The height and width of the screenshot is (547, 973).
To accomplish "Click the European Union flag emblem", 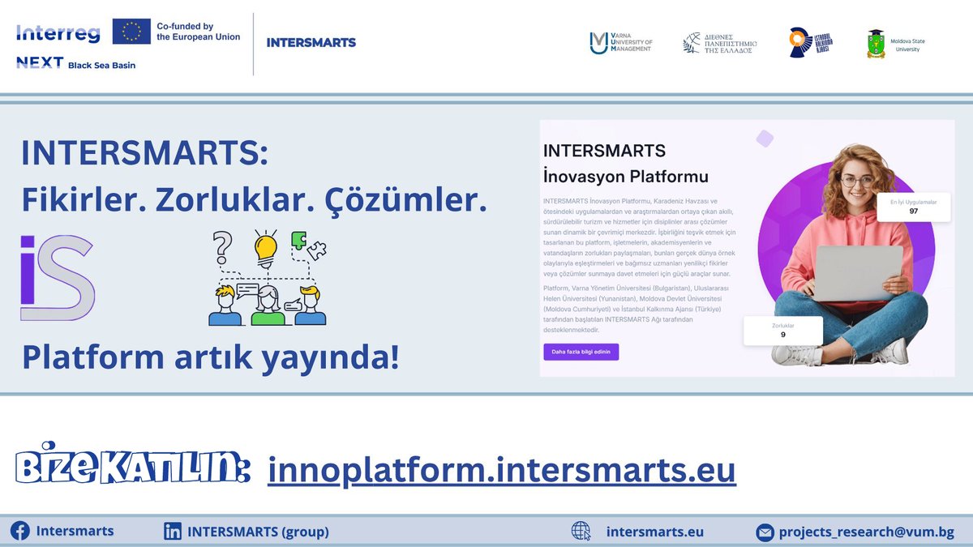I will (x=131, y=32).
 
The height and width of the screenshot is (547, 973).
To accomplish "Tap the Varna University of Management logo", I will (x=600, y=42).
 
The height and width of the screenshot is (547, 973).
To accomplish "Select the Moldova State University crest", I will (x=876, y=44).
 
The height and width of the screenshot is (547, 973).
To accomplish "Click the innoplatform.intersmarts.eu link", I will (x=502, y=469).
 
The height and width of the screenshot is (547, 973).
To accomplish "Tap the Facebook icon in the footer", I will (x=19, y=532).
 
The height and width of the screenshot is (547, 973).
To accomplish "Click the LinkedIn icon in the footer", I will (x=173, y=532).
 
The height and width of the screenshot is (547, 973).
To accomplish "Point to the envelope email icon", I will (x=765, y=532).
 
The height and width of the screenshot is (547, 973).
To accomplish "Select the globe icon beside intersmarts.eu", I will (x=581, y=532).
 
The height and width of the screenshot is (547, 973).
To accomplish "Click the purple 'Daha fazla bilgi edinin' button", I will (x=581, y=352).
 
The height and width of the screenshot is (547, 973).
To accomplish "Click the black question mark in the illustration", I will (x=221, y=246).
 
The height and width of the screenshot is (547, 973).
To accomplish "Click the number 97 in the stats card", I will (x=913, y=212).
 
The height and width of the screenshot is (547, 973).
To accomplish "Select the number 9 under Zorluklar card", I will (x=782, y=334).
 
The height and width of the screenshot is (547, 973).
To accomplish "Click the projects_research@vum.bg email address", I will (x=866, y=532).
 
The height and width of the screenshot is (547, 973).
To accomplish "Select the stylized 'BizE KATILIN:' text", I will (x=132, y=468).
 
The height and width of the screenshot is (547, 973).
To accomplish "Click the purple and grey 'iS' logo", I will (x=58, y=278).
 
